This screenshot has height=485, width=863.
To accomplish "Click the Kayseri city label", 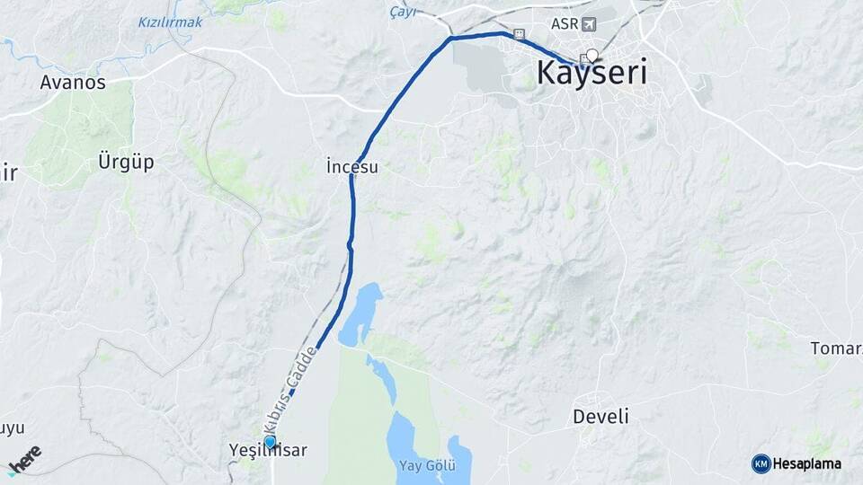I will (x=592, y=74).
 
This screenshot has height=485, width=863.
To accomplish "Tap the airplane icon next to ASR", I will (x=589, y=23).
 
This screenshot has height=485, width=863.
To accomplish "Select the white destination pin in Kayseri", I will (x=592, y=55).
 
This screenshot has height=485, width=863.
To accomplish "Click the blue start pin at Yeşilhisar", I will (x=270, y=442).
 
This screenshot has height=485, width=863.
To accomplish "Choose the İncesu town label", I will (x=352, y=166).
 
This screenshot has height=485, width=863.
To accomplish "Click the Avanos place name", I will (x=73, y=83).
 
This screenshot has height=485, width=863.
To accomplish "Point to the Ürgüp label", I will (x=126, y=163).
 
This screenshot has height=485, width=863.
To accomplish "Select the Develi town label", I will (x=601, y=417).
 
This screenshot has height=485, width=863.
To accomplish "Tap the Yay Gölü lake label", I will (x=428, y=465).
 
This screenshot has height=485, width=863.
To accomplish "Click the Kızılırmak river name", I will (x=171, y=22).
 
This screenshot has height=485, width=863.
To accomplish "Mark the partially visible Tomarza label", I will (x=836, y=348).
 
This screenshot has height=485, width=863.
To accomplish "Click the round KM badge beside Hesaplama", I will (x=761, y=463).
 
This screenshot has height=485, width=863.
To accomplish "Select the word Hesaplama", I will (x=806, y=463).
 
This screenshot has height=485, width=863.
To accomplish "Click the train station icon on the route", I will (x=519, y=34).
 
